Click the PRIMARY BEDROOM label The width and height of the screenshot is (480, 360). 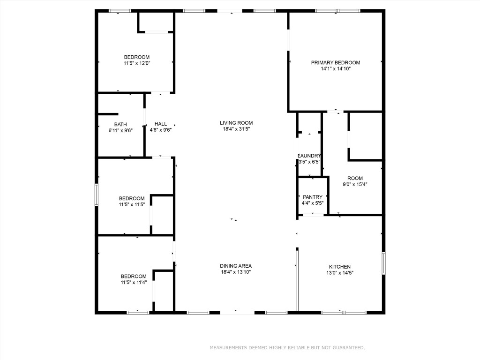point(336,62)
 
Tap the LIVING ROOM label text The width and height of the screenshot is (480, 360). point(236,123)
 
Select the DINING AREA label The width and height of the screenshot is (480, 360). point(236,266)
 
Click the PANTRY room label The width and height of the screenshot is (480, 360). point(312,197)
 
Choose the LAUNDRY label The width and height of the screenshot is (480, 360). point(309,156)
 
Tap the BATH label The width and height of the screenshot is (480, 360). point(120,124)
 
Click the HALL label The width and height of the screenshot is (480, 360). point(160,124)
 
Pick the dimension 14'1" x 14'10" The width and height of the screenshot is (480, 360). point(336,68)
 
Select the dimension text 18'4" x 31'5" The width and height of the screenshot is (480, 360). point(236,129)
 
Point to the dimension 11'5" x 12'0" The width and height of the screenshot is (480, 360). point(137,63)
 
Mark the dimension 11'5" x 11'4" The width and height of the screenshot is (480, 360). point(134,282)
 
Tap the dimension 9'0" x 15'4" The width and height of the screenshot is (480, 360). point(355,184)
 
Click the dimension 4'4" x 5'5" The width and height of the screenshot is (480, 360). point(312,203)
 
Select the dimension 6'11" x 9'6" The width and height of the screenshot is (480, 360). point(120,130)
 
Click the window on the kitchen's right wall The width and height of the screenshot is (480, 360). point(383,263)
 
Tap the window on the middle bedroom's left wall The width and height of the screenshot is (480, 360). point(97,195)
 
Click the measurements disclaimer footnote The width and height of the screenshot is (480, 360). point(287,348)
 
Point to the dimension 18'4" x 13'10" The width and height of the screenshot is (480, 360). point(236,272)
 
